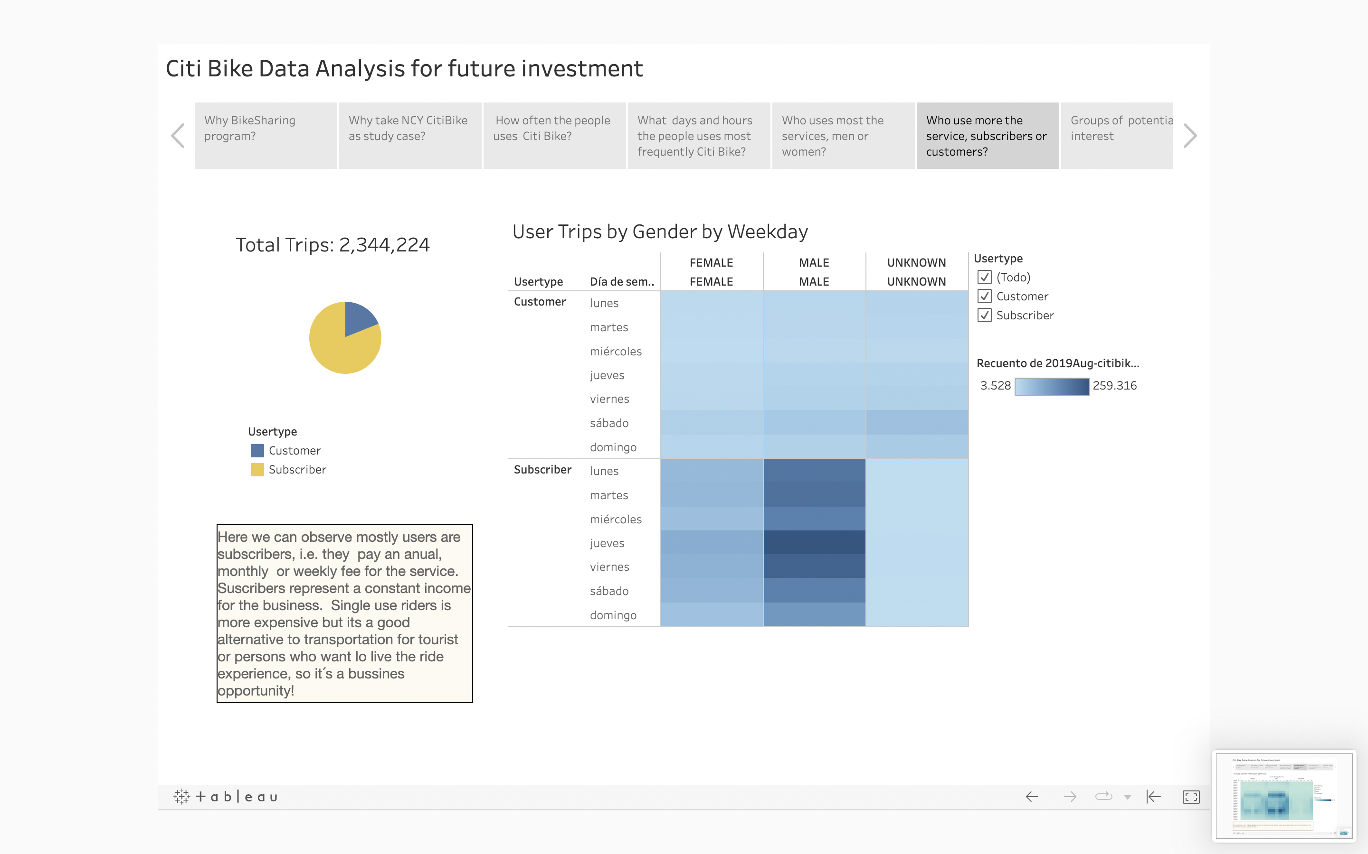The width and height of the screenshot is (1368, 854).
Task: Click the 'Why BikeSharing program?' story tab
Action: [265, 136]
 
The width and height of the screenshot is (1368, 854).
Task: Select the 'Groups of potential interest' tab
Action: [1116, 136]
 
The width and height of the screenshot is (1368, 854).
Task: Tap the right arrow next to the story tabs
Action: [1190, 136]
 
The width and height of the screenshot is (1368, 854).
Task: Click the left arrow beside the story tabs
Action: [178, 136]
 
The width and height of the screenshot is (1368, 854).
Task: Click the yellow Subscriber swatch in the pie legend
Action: [257, 470]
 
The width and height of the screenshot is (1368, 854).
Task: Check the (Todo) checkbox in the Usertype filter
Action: [984, 278]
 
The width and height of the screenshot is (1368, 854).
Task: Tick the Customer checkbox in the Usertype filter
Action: [984, 297]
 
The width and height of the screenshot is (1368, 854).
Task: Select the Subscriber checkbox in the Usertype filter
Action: [984, 315]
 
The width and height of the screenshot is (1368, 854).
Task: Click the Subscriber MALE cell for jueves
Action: [814, 543]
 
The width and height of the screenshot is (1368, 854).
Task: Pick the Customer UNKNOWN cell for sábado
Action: [916, 422]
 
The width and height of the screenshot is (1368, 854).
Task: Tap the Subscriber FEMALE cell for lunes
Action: [711, 471]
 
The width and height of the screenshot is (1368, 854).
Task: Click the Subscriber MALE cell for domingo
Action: [814, 614]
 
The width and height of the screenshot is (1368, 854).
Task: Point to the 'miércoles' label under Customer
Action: [616, 351]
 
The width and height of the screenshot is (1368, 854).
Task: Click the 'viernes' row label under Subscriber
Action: [609, 567]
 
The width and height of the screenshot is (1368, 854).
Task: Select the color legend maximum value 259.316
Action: [1114, 386]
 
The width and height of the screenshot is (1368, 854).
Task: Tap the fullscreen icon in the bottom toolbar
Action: [1190, 797]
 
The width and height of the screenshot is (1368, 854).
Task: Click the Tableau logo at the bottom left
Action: [226, 797]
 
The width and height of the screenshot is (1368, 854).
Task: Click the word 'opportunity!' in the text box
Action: [256, 691]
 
